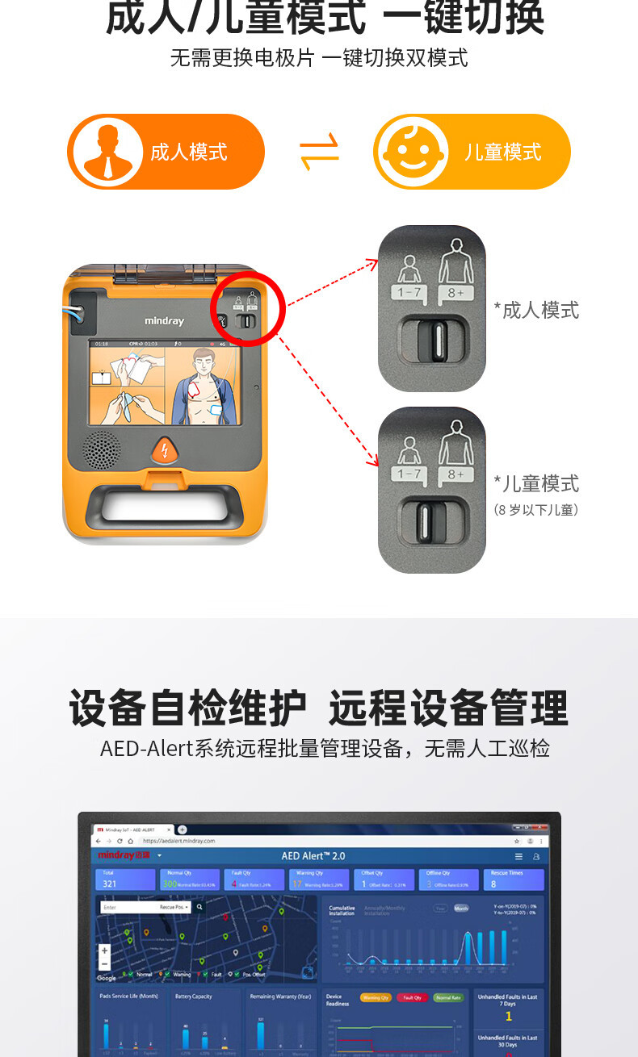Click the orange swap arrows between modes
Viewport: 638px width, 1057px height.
click(319, 152)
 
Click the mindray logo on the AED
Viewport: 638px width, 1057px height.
click(164, 321)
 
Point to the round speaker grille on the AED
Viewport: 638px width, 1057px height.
click(103, 451)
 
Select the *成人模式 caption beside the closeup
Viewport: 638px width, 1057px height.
click(536, 310)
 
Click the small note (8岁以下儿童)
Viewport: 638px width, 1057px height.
click(536, 510)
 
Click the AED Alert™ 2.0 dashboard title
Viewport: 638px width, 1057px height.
click(313, 855)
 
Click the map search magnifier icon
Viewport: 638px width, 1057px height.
click(200, 907)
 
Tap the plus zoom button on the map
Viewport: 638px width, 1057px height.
click(104, 951)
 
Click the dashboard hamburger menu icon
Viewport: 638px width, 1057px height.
click(518, 856)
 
